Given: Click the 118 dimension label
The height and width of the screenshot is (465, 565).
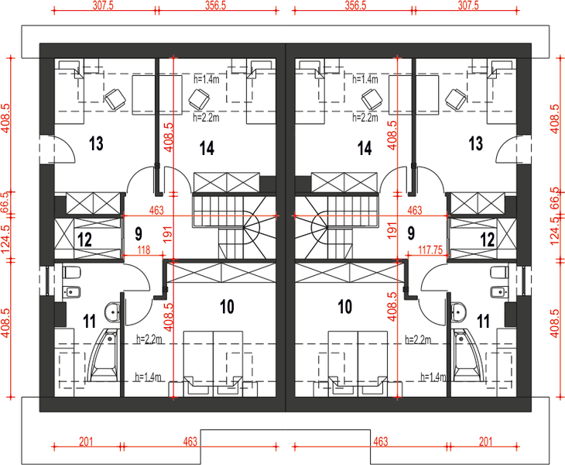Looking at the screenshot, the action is click(x=144, y=250).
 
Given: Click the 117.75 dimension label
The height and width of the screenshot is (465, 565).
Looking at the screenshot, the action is click(x=430, y=250).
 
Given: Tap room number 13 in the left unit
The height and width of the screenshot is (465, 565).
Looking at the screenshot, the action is click(x=96, y=143).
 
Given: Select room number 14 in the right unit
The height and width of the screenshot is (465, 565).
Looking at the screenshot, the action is click(x=365, y=148).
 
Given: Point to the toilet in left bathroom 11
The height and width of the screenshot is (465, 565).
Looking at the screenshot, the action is click(x=71, y=272).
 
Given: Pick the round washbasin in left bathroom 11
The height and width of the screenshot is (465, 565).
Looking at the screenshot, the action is click(x=112, y=312).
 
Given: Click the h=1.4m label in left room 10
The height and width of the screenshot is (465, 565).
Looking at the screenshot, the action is click(x=148, y=377).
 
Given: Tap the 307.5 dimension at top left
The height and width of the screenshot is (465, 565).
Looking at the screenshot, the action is click(x=103, y=5).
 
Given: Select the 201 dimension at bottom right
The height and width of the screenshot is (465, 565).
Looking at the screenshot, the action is click(x=486, y=441).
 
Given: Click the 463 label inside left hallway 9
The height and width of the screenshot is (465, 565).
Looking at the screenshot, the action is click(x=156, y=210).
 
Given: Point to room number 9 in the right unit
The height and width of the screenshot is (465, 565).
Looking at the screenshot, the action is click(x=411, y=233).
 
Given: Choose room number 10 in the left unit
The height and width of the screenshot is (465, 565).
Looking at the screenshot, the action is click(x=227, y=307).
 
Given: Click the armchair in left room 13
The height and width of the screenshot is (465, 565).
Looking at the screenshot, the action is click(x=115, y=99).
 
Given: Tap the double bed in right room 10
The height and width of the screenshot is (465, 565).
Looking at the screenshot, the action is click(x=358, y=363).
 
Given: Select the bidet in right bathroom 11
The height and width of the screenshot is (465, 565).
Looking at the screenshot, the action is click(x=499, y=291).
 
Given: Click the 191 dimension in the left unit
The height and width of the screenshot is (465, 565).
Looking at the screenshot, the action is click(x=168, y=234).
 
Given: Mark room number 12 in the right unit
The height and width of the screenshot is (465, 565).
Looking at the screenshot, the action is click(x=487, y=239).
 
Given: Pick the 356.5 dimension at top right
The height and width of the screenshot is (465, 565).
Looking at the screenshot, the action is click(x=355, y=5).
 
